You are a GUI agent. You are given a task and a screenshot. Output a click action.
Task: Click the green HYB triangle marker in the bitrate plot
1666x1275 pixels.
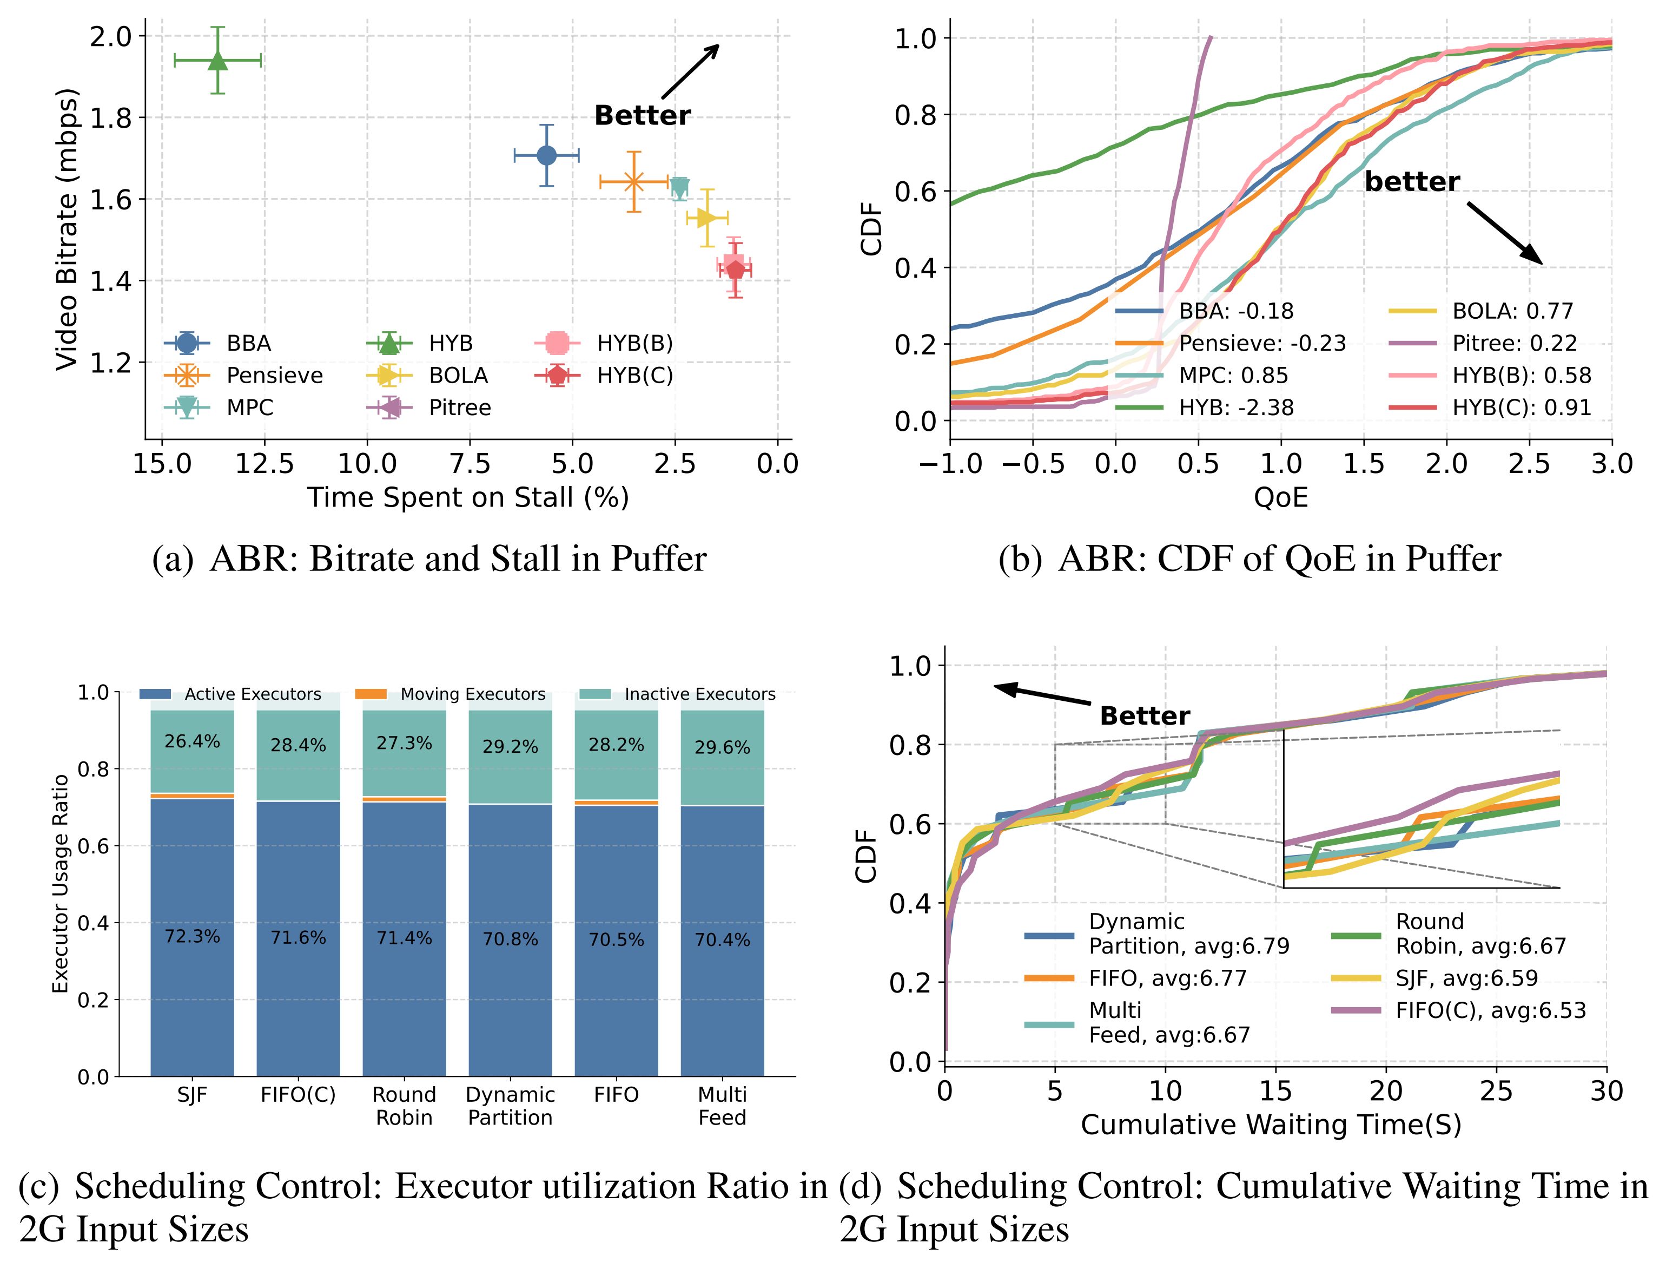coord(218,61)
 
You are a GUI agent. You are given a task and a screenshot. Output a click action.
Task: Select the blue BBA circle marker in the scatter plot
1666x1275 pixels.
coord(546,155)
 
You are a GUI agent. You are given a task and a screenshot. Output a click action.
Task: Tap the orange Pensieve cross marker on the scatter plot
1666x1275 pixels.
coord(633,182)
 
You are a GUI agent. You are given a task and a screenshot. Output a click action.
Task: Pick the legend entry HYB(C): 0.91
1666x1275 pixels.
coord(1520,408)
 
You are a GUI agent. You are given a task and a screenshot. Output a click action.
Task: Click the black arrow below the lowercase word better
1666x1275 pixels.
coord(1504,233)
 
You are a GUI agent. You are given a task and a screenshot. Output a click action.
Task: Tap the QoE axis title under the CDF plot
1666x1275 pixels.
coord(1281,498)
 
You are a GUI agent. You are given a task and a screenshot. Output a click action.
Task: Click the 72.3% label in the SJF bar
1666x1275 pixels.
coord(192,937)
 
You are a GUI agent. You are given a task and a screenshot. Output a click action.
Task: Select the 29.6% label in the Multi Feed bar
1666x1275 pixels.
coord(722,747)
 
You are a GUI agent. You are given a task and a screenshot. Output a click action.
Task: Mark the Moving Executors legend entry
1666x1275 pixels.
coord(472,694)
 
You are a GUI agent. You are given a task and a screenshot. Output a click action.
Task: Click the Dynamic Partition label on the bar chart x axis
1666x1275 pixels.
coord(510,1106)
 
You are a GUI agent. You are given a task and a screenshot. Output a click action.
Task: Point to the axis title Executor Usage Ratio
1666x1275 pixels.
coord(60,883)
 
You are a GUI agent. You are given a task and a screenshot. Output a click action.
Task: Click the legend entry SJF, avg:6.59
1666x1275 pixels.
coord(1466,978)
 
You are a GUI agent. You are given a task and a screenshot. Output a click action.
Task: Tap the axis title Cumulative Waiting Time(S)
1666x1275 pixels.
coord(1271,1125)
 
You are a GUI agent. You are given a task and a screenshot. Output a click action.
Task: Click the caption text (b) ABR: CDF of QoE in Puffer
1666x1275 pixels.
coord(1249,560)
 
